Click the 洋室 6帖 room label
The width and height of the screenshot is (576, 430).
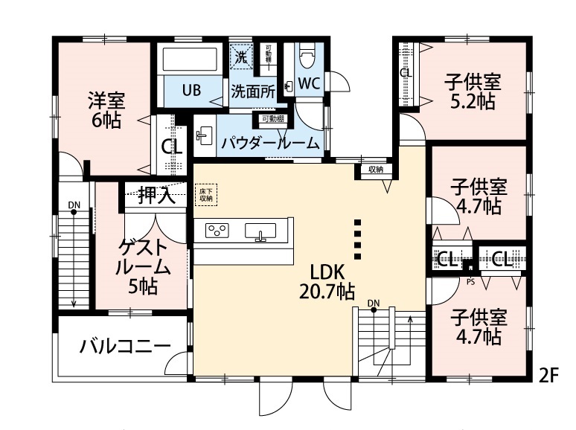pyautogui.click(x=105, y=110)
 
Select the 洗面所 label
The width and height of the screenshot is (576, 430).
pyautogui.click(x=252, y=92)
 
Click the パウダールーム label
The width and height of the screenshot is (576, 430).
pyautogui.click(x=270, y=142)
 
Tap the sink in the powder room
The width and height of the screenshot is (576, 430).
pyautogui.click(x=204, y=135)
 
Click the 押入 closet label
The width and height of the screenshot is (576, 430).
pyautogui.click(x=156, y=196)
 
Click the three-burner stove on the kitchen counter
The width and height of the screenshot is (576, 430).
pyautogui.click(x=217, y=230)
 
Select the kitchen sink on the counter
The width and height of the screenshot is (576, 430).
pyautogui.click(x=260, y=231)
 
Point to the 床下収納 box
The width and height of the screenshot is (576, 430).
pyautogui.click(x=205, y=195)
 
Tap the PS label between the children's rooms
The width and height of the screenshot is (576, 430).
pyautogui.click(x=470, y=282)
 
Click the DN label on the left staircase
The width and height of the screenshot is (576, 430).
pyautogui.click(x=74, y=205)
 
